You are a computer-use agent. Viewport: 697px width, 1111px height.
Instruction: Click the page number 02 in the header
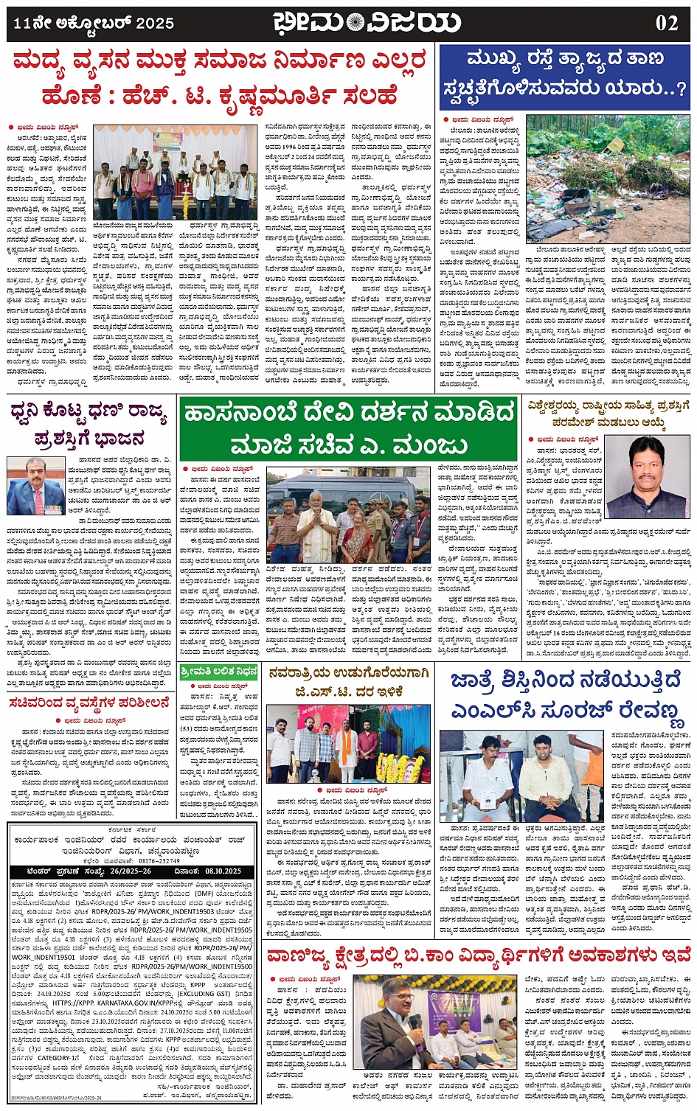(x=667, y=23)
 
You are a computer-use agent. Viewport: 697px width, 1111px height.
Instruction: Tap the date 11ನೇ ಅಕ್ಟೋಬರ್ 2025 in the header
(x=94, y=23)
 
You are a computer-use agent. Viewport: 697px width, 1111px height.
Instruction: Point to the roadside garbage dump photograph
(x=608, y=179)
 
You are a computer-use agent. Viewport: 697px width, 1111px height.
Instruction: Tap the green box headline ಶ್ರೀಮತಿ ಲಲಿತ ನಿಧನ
(x=218, y=672)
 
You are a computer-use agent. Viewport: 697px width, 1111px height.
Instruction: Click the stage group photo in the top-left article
(x=174, y=173)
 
